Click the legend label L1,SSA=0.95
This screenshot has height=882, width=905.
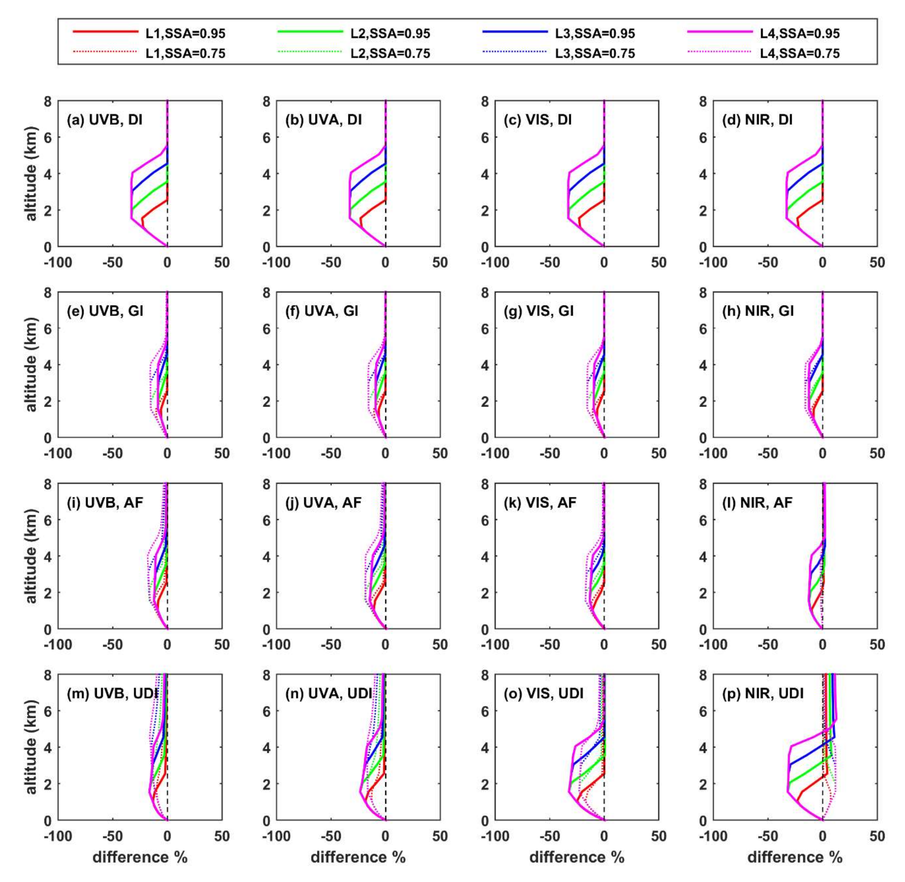pyautogui.click(x=185, y=33)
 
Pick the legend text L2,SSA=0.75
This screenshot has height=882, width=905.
pyautogui.click(x=390, y=54)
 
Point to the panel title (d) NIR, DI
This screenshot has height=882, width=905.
pyautogui.click(x=758, y=120)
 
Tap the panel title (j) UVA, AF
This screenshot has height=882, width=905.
pyautogui.click(x=323, y=502)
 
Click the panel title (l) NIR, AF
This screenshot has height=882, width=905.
pyautogui.click(x=757, y=502)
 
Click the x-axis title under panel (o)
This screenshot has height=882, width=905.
pyautogui.click(x=577, y=858)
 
